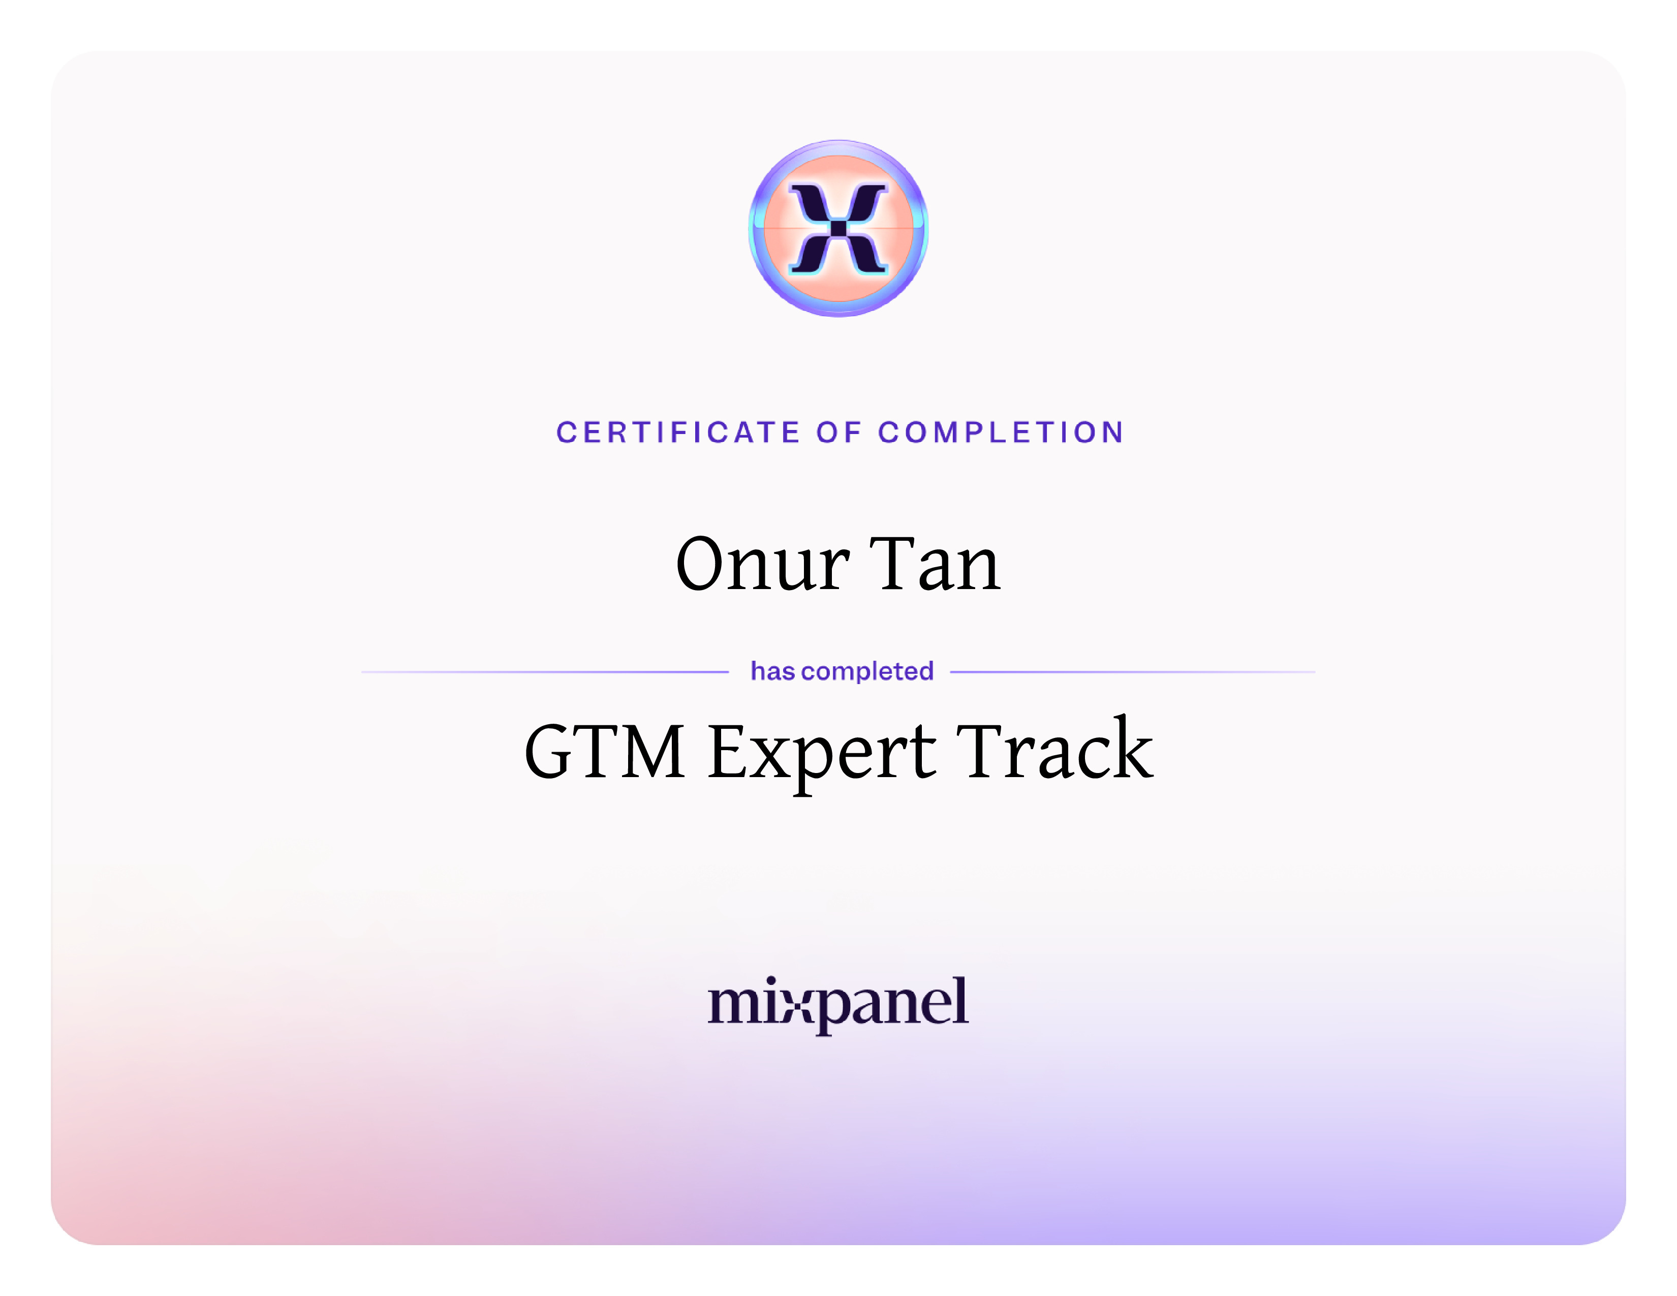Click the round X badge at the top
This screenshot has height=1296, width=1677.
(838, 228)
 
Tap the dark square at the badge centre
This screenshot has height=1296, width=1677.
(838, 228)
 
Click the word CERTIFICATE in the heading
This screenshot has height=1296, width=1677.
(679, 433)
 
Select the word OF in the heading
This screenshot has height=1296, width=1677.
(840, 433)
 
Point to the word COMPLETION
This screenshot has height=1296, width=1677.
(1001, 433)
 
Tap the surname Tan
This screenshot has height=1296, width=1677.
(935, 564)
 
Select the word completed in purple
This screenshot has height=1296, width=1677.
(867, 672)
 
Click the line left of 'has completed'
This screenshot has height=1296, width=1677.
(545, 672)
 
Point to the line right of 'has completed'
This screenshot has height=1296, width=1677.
(1133, 672)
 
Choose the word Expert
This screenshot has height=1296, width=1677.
(822, 756)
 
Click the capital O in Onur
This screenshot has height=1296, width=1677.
(701, 564)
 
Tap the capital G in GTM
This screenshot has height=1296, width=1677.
(552, 752)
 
